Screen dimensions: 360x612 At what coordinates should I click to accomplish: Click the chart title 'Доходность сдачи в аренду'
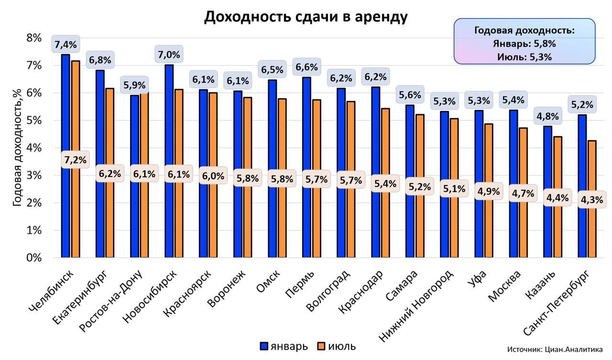pos(306,17)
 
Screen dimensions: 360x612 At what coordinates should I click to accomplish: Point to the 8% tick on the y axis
pos(33,38)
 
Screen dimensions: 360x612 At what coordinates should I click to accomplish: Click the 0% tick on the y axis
pos(33,258)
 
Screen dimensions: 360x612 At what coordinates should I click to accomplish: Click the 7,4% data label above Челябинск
pos(66,45)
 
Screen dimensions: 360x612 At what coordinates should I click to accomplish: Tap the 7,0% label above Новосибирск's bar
pos(169,55)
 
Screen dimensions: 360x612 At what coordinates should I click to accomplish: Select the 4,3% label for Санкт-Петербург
pos(591,200)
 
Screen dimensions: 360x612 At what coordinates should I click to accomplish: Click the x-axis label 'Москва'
pos(505,285)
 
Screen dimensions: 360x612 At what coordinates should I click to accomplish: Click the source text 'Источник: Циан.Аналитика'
pos(555,349)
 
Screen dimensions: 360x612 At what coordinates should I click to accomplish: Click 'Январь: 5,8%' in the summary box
pos(524,44)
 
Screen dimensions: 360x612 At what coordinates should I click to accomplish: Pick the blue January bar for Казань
pos(547,191)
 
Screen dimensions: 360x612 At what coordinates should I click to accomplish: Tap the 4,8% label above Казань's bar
pos(546,116)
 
